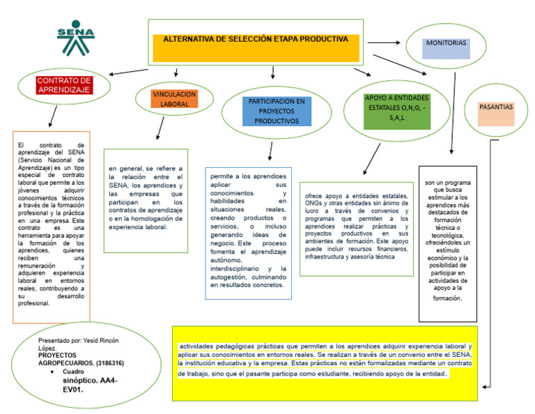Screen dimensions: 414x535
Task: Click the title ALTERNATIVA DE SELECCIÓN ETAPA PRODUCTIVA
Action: (255, 40)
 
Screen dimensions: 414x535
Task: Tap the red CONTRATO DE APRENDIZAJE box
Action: (64, 85)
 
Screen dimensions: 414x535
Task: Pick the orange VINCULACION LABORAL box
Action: (174, 99)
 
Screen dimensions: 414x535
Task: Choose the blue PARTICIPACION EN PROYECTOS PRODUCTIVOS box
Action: (277, 111)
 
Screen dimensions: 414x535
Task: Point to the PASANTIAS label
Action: (496, 107)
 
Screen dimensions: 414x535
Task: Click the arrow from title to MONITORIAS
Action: (382, 43)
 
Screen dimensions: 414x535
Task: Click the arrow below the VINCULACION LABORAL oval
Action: (161, 129)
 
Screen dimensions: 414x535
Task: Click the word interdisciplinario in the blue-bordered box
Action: (238, 268)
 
